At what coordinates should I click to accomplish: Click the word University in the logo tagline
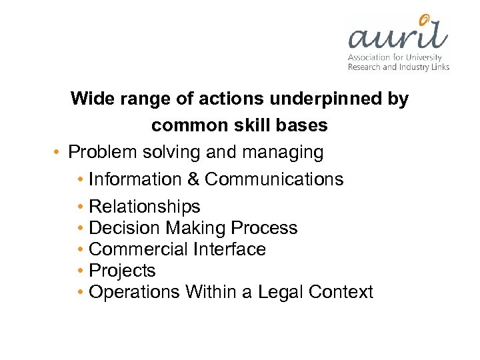click(x=426, y=57)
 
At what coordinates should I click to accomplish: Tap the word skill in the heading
click(x=252, y=125)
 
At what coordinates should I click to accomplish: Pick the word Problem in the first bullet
click(x=103, y=153)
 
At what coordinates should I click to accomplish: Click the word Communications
click(x=274, y=179)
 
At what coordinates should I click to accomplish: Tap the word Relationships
click(x=144, y=207)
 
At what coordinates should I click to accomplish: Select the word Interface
click(x=229, y=249)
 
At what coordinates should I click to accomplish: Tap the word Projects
click(x=122, y=271)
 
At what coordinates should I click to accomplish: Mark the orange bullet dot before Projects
click(x=80, y=271)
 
